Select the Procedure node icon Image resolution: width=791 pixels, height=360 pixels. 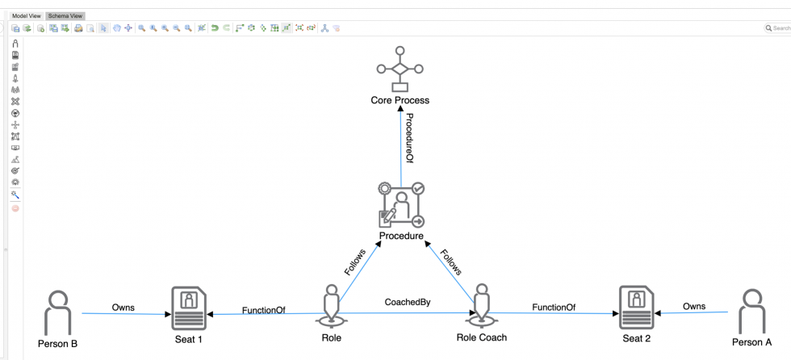[x=401, y=206]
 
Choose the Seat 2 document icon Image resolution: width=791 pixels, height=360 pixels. [x=637, y=308]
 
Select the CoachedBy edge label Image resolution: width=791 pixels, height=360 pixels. [x=407, y=303]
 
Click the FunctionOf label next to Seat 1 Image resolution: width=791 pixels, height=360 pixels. [x=263, y=309]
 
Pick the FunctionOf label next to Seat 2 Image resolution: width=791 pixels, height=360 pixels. [x=553, y=307]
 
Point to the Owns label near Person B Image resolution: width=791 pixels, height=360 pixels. [x=123, y=308]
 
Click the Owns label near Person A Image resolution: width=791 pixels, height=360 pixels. [x=693, y=307]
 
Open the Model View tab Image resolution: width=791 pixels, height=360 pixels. [x=26, y=15]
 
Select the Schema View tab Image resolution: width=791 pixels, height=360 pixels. [x=65, y=15]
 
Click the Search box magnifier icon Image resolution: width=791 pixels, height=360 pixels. [x=768, y=28]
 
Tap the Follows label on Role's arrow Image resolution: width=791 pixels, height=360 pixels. [x=355, y=262]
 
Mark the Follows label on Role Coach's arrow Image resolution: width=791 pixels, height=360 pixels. [x=451, y=261]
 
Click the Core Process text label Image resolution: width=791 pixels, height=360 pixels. [x=400, y=101]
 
